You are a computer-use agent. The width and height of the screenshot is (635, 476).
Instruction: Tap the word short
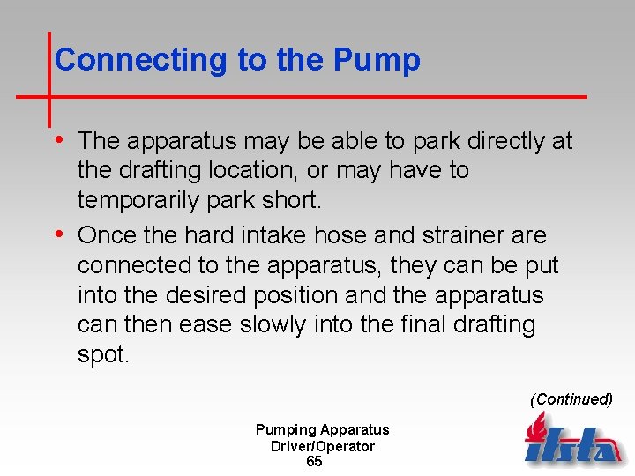click(292, 200)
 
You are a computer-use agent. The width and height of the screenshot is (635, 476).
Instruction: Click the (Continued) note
click(571, 399)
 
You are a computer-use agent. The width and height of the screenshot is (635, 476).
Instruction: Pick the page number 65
click(314, 462)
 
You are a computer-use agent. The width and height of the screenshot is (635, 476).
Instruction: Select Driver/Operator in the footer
click(322, 446)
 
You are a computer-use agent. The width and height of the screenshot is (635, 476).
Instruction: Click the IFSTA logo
click(571, 441)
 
